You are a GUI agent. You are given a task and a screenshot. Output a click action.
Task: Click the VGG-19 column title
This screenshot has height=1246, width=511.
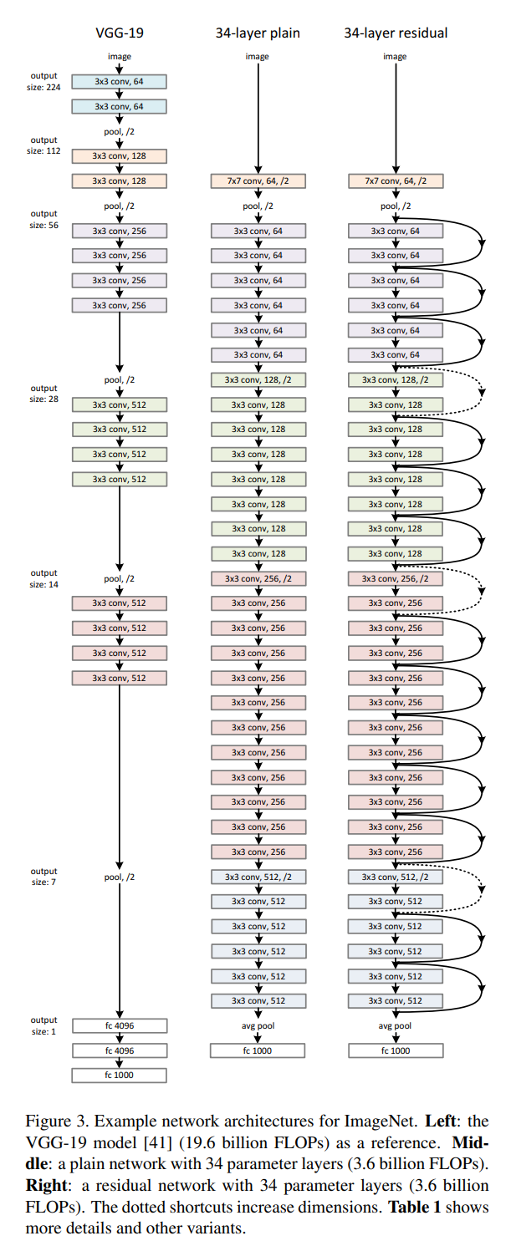click(120, 33)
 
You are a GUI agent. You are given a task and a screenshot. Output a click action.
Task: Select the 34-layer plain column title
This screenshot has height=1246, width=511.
click(258, 33)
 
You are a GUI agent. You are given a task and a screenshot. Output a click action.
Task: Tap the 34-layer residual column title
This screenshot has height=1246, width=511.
click(396, 33)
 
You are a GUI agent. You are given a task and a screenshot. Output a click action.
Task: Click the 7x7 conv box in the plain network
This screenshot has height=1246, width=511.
click(258, 181)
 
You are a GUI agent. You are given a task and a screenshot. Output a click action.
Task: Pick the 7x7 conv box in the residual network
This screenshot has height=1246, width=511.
click(396, 181)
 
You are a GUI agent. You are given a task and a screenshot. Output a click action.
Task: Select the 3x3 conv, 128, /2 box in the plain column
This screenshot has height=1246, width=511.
click(258, 380)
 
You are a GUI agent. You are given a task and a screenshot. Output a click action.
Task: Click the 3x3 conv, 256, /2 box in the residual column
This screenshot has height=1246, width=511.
click(396, 578)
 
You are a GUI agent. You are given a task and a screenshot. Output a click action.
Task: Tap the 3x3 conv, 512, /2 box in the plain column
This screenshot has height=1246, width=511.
click(258, 877)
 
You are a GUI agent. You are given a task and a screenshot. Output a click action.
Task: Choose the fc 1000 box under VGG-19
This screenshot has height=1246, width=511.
click(120, 1076)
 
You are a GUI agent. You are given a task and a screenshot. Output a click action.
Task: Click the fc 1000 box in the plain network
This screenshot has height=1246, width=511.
click(258, 1050)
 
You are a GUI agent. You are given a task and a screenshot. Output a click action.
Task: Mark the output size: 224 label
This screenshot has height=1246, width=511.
click(43, 81)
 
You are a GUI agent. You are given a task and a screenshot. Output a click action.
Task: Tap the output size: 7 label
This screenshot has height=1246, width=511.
click(43, 877)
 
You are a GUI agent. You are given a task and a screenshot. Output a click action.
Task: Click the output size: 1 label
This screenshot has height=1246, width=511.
click(43, 1025)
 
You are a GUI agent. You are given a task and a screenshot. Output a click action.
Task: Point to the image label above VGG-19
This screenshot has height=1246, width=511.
click(120, 57)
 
